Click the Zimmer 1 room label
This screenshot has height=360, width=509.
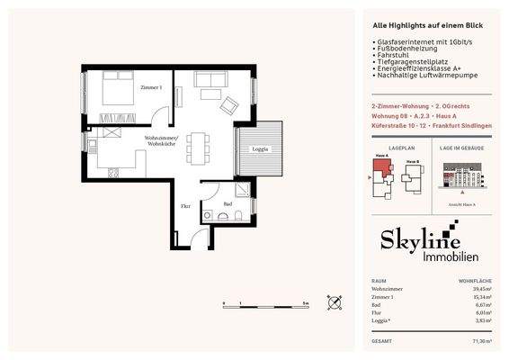(150, 87)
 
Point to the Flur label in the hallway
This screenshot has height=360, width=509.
(186, 205)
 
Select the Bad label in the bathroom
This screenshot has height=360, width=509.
(228, 204)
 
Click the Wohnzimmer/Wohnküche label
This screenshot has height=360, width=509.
(162, 139)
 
